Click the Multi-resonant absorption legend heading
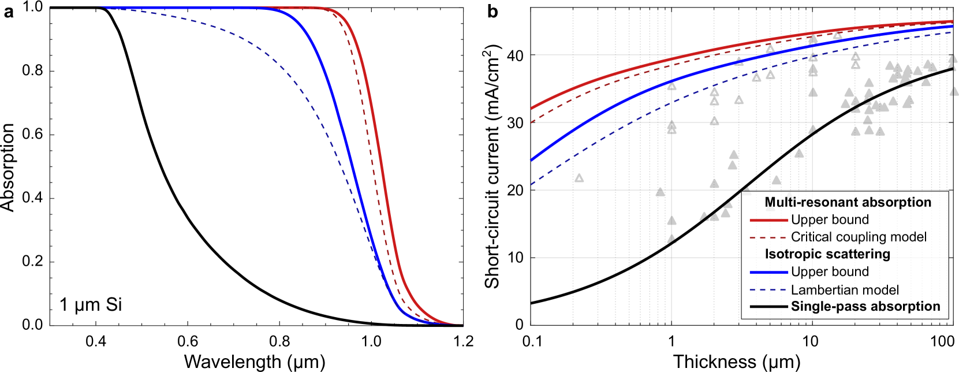pos(848,202)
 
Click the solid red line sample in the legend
pos(768,220)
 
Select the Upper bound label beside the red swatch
pos(830,220)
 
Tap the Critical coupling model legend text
pos(859,237)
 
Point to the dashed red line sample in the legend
pos(768,237)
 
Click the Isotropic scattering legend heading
pos(827,254)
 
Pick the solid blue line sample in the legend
pos(768,272)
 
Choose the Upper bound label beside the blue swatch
pos(830,272)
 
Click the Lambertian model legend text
pos(845,290)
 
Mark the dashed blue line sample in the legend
pos(768,290)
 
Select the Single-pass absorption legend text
pos(865,307)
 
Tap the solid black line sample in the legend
pos(768,307)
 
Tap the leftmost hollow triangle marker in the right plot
pos(579,178)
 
